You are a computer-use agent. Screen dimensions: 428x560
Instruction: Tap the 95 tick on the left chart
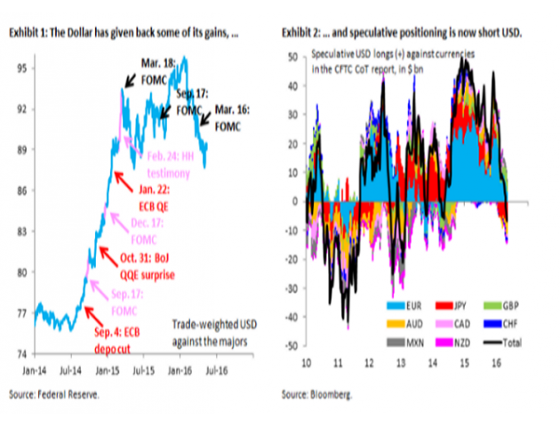(x=24, y=68)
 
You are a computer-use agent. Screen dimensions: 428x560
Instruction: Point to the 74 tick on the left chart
(x=24, y=353)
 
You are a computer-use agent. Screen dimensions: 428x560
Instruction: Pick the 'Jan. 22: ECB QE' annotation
(x=137, y=196)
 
